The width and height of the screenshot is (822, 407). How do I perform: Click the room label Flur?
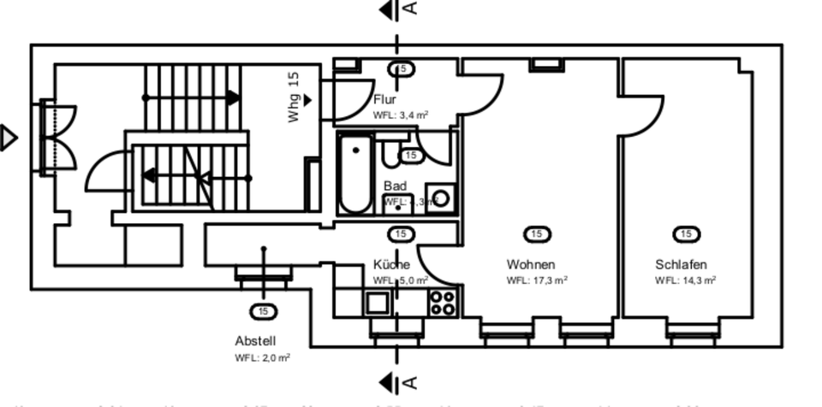point(384,100)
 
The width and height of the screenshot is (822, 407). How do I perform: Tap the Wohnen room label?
point(531,264)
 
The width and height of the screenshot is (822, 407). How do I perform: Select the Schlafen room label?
point(681,264)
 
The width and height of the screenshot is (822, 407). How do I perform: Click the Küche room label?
point(391,264)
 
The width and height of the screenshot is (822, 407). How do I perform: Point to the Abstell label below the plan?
point(255,340)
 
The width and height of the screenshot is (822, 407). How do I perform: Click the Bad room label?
point(395,186)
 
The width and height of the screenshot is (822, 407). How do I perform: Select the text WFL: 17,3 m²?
point(537,280)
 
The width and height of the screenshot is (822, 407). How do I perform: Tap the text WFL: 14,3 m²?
point(686,280)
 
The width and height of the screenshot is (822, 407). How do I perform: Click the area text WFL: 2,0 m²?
point(262,358)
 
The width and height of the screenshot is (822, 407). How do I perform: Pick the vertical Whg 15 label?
point(294,97)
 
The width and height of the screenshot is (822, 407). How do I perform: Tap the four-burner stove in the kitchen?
point(443,302)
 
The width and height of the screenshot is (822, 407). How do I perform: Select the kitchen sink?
point(377,302)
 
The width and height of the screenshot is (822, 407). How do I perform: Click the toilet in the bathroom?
point(393,154)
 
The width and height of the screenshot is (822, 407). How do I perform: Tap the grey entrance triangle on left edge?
point(9,138)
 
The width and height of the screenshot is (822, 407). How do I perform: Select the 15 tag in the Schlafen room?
point(686,234)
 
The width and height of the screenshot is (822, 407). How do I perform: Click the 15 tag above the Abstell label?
point(262,311)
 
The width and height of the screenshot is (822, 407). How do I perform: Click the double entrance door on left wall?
point(58,137)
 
